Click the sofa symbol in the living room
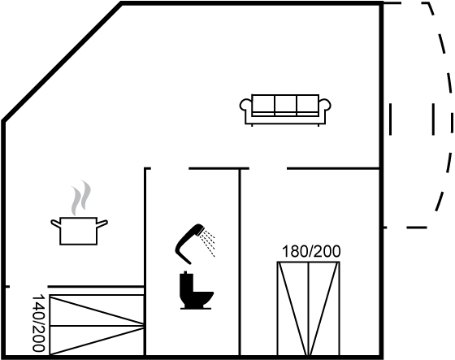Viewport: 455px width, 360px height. [285, 110]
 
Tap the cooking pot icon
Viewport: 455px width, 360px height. [79, 231]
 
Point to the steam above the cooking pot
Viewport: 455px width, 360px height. [81, 197]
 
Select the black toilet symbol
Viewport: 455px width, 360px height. [196, 290]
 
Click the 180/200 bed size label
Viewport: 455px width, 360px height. [311, 251]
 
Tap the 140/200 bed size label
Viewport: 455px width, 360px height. [39, 323]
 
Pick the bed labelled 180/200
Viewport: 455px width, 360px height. [309, 308]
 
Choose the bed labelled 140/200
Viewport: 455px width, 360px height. [97, 325]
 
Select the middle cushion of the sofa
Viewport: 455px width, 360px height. [285, 105]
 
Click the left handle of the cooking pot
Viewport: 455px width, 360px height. [56, 223]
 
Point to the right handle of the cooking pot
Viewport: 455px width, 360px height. [102, 223]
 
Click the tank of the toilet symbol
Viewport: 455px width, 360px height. [186, 283]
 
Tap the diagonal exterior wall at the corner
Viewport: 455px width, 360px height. [62, 62]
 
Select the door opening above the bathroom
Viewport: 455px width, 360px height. [170, 168]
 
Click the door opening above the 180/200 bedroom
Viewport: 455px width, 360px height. [268, 168]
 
